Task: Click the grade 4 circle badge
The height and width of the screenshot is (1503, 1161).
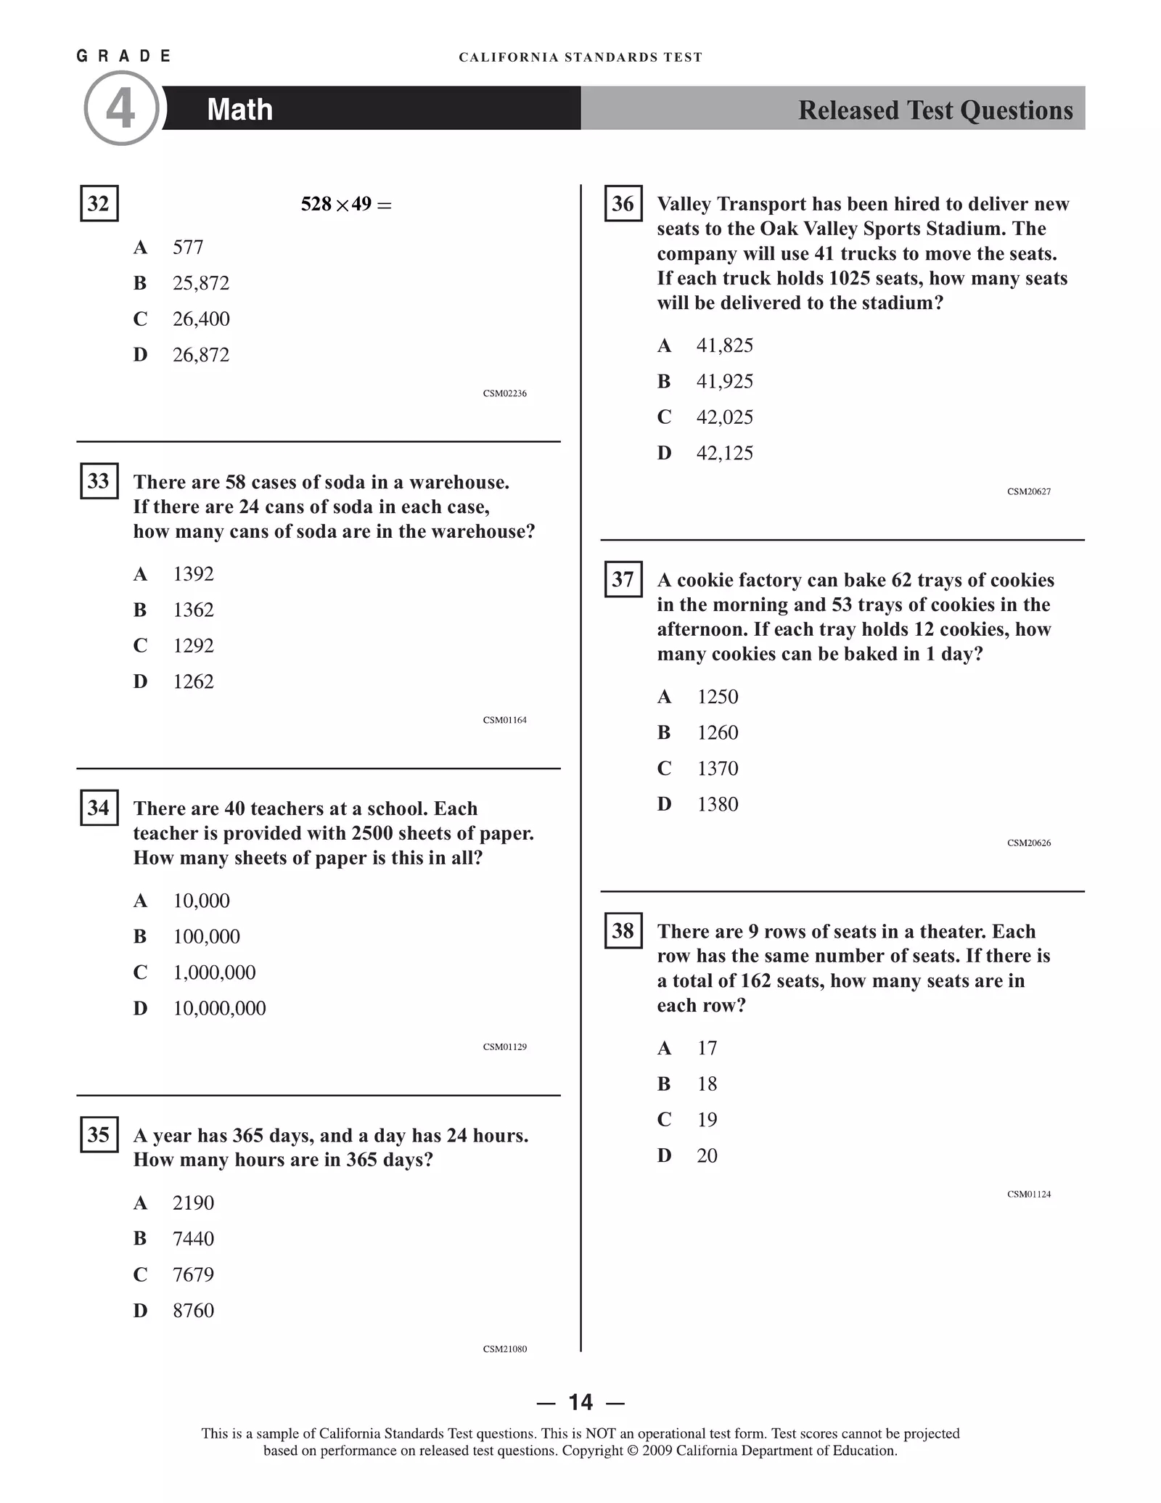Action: click(120, 108)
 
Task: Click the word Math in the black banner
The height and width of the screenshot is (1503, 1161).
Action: click(239, 110)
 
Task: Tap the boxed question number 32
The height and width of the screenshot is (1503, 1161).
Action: click(99, 203)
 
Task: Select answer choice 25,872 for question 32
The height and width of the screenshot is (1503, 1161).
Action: click(200, 283)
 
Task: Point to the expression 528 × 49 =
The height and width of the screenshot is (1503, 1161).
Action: click(346, 205)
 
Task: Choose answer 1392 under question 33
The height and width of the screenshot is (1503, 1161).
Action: click(193, 574)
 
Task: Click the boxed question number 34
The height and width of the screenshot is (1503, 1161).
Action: click(99, 808)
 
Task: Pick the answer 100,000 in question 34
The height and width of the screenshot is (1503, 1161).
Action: click(206, 936)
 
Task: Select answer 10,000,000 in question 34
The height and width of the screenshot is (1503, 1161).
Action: click(219, 1008)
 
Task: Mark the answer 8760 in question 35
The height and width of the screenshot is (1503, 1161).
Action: click(193, 1310)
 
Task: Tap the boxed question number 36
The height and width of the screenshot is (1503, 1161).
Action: click(623, 204)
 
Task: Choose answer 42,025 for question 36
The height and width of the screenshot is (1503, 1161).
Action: click(724, 417)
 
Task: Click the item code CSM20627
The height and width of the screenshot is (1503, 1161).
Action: click(1028, 491)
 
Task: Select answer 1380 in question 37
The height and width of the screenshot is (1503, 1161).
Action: click(717, 804)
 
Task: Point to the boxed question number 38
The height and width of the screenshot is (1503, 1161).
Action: click(623, 930)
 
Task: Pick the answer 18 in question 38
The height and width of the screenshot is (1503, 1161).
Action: click(707, 1084)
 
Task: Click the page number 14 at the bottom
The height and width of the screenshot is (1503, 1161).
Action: click(580, 1401)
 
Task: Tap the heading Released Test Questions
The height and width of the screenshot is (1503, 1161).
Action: click(935, 110)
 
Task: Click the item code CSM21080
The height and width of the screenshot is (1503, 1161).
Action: click(504, 1349)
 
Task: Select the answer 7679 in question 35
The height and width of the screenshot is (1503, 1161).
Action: click(193, 1274)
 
